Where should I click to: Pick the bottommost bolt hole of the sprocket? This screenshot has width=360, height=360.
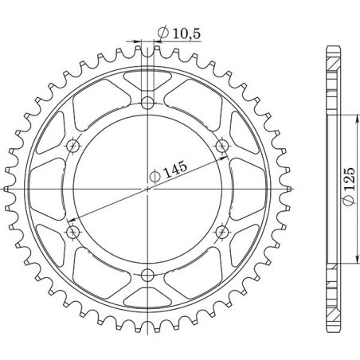point(148,276)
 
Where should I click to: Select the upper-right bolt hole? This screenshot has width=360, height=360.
point(223,145)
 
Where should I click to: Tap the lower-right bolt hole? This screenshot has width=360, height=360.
point(223,232)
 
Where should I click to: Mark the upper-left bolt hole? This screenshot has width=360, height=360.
point(73,145)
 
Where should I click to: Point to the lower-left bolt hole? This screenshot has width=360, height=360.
point(73,232)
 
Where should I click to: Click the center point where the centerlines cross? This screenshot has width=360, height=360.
point(148,189)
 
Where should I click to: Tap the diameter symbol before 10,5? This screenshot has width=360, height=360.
point(162,33)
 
